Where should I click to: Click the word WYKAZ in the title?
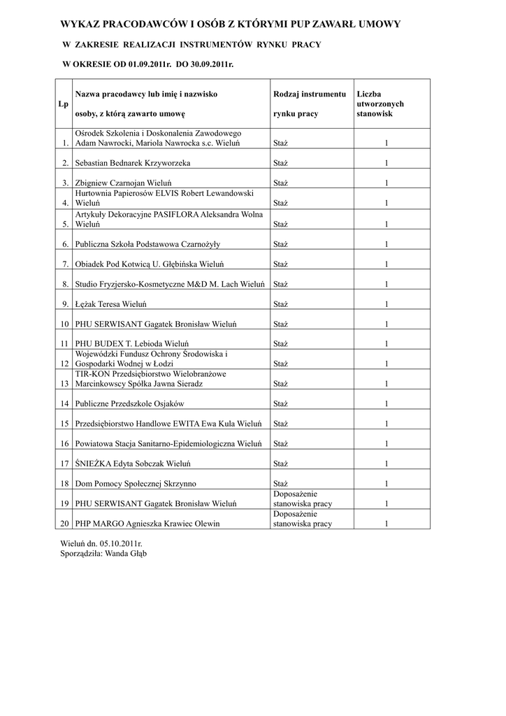click(x=80, y=24)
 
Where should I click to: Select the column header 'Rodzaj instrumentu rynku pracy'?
click(x=310, y=103)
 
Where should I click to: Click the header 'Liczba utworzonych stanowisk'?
click(x=380, y=103)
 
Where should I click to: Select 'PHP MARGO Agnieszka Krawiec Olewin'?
click(x=147, y=524)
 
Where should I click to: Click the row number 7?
click(x=65, y=264)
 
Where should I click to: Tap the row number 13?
click(x=65, y=384)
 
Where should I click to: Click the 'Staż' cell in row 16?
click(x=281, y=444)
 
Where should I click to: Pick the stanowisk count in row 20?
click(x=386, y=524)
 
